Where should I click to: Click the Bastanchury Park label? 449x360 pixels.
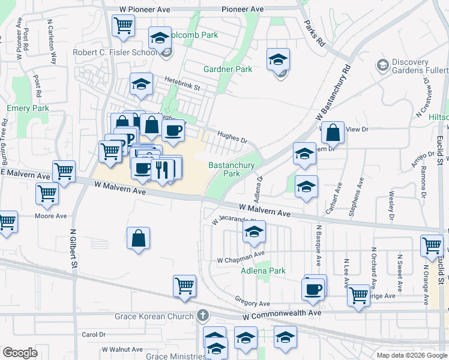point(231,169)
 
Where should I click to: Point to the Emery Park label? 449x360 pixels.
point(27,109)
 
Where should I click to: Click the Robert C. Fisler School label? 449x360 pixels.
point(116,52)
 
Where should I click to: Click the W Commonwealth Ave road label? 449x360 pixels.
point(282,313)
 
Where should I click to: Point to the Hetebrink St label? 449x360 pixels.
point(182,87)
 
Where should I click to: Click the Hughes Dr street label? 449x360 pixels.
point(232,137)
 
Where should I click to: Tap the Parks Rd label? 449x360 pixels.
point(314,34)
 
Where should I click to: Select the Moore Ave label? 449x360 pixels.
point(50,216)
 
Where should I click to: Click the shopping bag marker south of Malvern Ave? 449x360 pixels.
point(139,238)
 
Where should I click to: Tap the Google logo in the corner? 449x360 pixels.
point(20,352)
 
